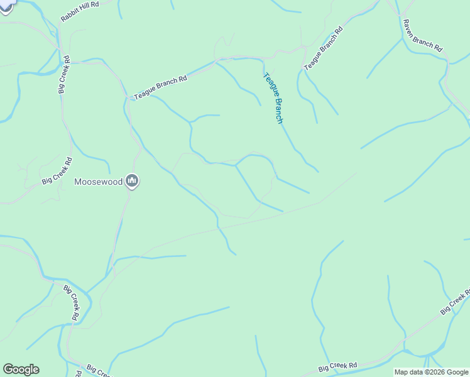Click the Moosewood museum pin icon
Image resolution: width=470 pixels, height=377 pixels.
click(x=132, y=182)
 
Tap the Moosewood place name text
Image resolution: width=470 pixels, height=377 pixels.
click(x=98, y=182)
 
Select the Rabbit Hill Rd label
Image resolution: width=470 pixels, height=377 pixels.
click(x=80, y=12)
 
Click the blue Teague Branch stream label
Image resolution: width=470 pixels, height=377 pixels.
click(x=273, y=98)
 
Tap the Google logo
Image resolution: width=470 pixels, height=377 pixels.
click(x=21, y=369)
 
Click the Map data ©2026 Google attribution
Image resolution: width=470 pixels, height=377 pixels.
click(x=431, y=372)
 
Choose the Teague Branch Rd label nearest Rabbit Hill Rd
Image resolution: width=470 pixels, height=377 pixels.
click(x=160, y=89)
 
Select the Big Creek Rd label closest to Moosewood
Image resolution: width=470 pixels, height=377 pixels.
click(x=58, y=171)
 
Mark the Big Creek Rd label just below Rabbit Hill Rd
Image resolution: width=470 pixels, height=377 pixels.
click(x=63, y=78)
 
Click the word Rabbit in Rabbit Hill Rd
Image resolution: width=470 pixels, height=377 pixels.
click(x=70, y=17)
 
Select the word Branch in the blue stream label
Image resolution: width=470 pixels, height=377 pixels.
click(x=277, y=111)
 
